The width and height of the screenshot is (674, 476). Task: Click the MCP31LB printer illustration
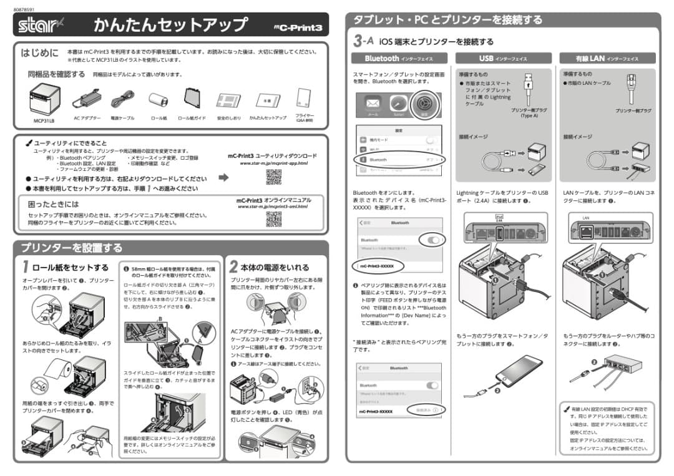(x=44, y=99)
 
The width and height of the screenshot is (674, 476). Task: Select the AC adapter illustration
(x=87, y=99)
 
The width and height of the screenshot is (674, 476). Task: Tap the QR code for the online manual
(x=273, y=219)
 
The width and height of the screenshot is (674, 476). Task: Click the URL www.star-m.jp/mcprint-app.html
(x=273, y=163)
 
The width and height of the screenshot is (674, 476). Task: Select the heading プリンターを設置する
(x=72, y=248)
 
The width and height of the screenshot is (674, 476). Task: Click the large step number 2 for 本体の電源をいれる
(x=233, y=267)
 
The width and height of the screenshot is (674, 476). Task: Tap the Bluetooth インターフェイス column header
(x=398, y=59)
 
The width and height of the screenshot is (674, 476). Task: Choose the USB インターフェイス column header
(x=503, y=59)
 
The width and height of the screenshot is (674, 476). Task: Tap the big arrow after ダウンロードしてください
(x=223, y=178)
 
